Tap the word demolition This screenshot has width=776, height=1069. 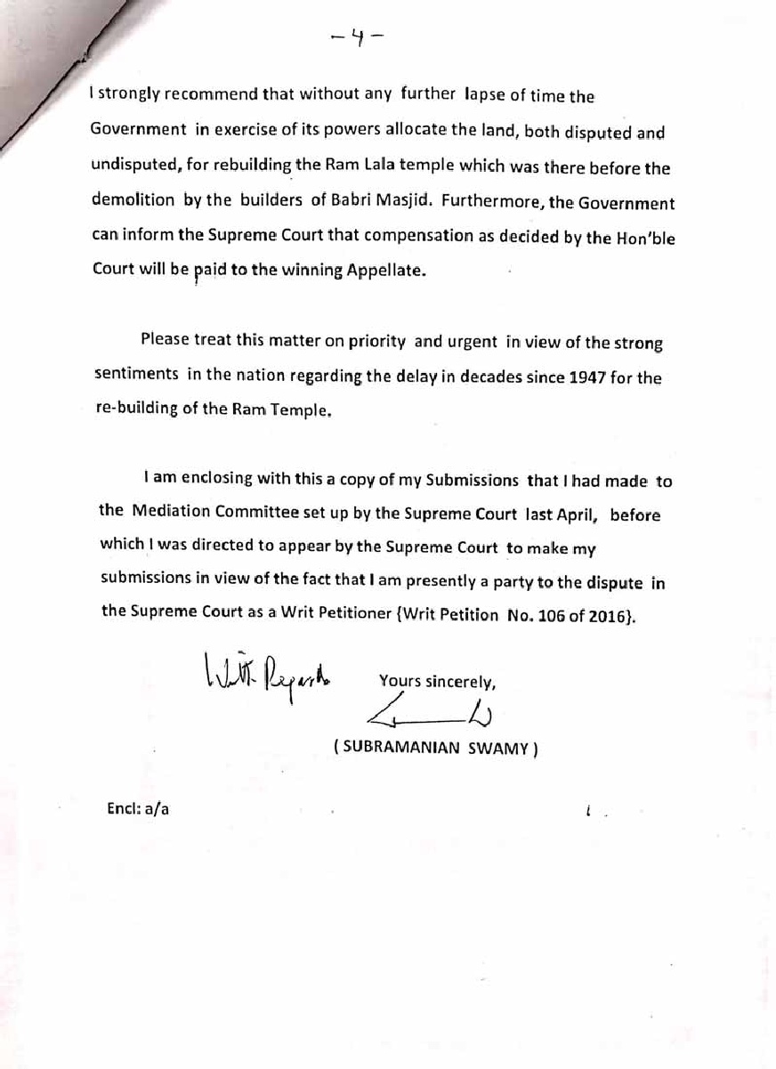[133, 200]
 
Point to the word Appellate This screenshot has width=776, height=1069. [388, 271]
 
